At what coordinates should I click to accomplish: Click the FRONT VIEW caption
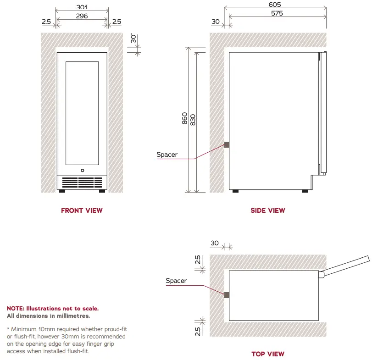point(82,210)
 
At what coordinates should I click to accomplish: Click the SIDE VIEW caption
point(267,210)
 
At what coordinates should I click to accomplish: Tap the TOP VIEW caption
point(267,354)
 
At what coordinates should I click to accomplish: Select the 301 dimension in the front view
point(82,7)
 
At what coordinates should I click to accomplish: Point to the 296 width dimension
point(82,16)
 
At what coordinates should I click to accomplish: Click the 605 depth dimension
point(275,5)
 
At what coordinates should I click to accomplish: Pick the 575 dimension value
point(277,13)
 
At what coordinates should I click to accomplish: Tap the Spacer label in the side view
point(167,155)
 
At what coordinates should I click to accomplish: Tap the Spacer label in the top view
point(176,281)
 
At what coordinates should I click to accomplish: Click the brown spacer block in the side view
point(226,145)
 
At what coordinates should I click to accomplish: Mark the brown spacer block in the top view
point(226,295)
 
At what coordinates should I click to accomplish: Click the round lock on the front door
point(82,170)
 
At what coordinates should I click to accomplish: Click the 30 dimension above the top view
point(214,243)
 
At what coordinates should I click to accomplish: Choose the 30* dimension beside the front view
point(133,39)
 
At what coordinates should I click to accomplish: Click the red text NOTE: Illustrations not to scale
point(52,309)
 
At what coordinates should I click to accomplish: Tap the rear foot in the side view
point(235,191)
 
